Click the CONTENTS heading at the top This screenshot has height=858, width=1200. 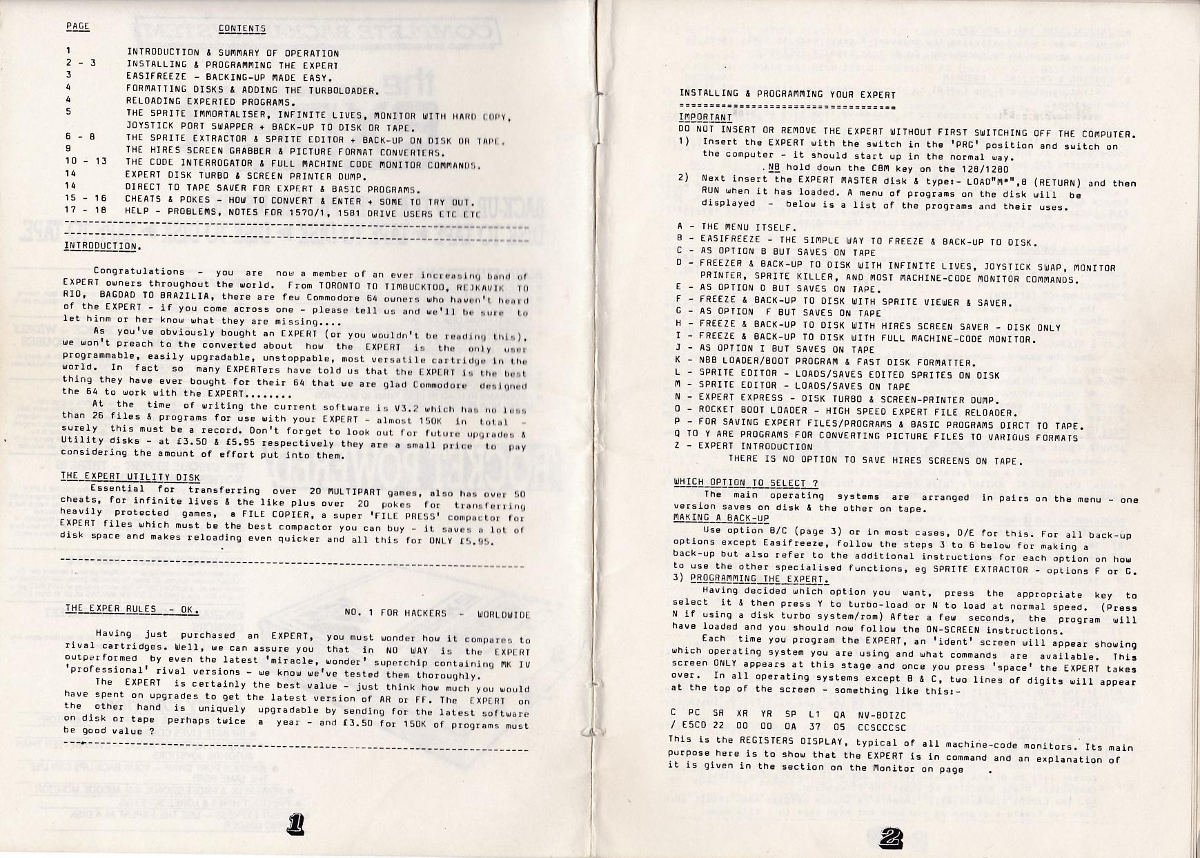[x=242, y=29]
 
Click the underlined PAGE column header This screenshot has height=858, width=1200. [x=77, y=27]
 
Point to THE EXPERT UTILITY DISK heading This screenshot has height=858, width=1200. [x=130, y=477]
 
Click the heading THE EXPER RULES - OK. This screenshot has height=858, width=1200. [x=131, y=610]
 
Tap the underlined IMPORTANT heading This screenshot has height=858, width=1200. [x=705, y=117]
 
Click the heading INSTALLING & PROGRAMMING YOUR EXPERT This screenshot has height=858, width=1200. [x=787, y=94]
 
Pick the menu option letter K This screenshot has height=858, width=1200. [x=680, y=361]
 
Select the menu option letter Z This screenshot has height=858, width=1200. [x=679, y=445]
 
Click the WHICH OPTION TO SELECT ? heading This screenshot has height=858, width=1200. [x=746, y=482]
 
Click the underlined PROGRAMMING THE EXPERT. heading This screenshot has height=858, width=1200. [x=759, y=579]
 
